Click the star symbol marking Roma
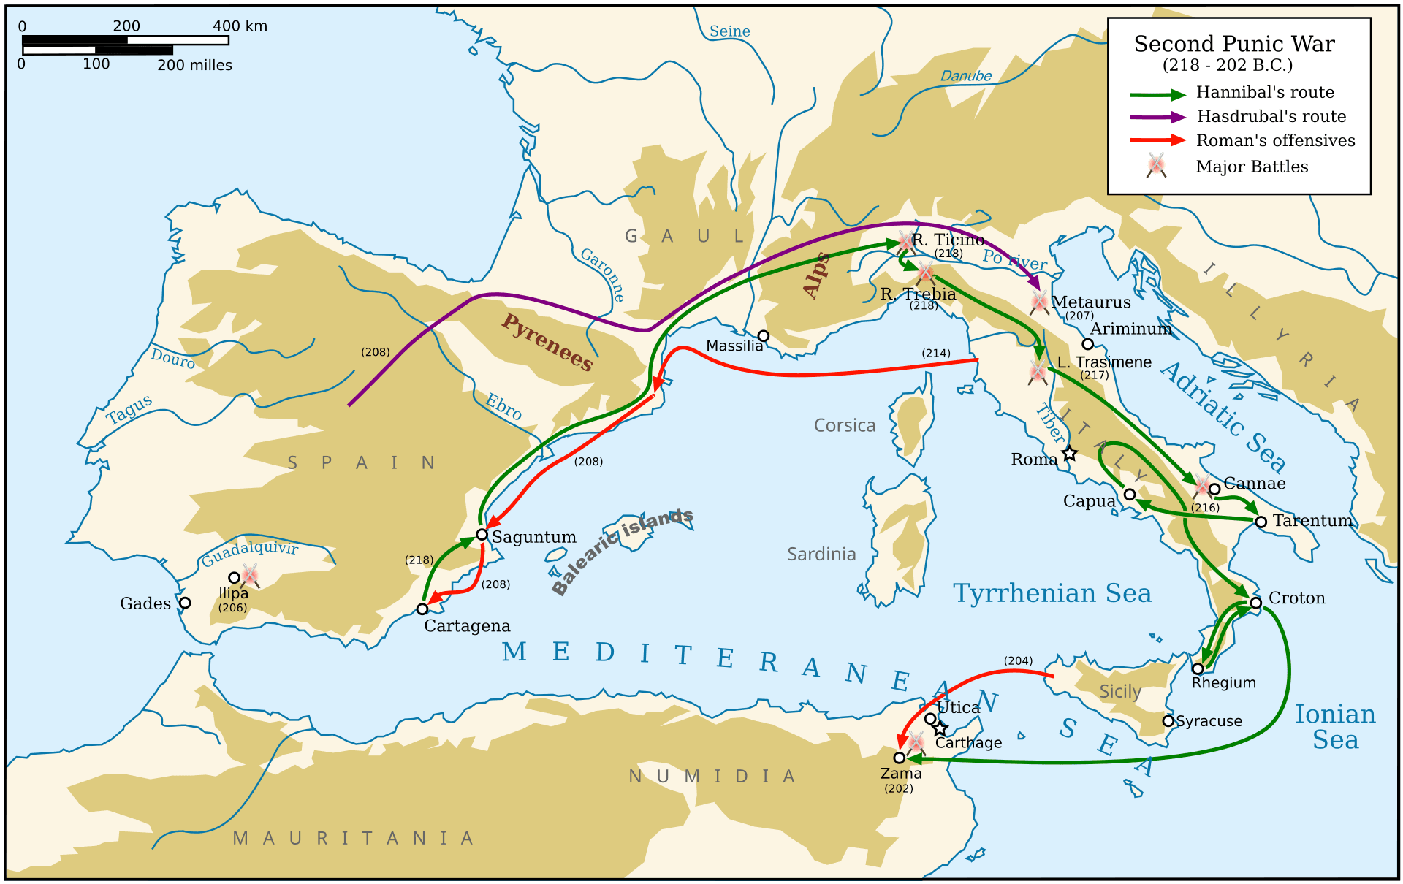(1069, 454)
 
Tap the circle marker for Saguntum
(482, 535)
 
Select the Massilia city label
(734, 346)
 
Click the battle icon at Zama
(916, 742)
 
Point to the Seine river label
(729, 31)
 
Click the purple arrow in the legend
(1157, 117)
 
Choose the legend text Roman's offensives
(1275, 140)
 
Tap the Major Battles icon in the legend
(1156, 166)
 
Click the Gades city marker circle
(185, 603)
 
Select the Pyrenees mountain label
(547, 342)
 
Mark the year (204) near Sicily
(1018, 660)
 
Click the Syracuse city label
(1209, 721)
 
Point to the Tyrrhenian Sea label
(1052, 593)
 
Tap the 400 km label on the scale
(240, 26)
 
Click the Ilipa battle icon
(250, 575)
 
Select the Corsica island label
(844, 425)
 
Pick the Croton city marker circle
(1255, 603)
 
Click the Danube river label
(965, 76)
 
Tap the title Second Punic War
(1234, 44)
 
